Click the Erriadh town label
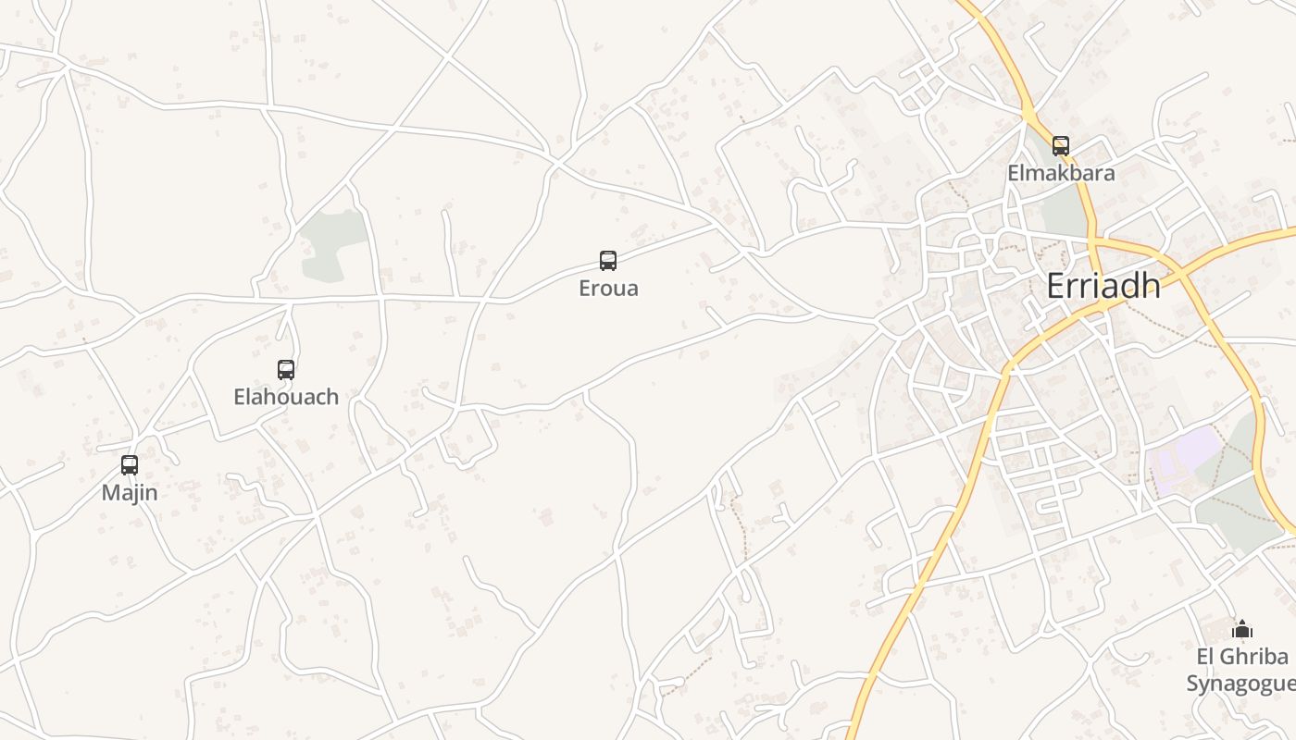click(1103, 287)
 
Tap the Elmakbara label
click(1061, 173)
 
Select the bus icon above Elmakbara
click(1061, 145)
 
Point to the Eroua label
click(608, 288)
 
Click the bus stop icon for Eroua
click(608, 261)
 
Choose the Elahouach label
click(286, 397)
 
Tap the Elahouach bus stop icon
click(286, 370)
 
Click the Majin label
click(130, 493)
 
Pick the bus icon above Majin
click(130, 465)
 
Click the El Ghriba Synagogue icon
click(1242, 630)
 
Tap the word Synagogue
click(1240, 684)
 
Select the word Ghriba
click(1254, 657)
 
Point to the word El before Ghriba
click(1206, 657)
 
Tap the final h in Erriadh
click(1151, 287)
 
